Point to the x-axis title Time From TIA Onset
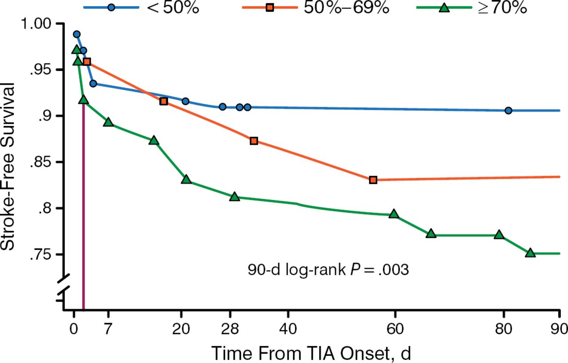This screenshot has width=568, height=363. coord(311,353)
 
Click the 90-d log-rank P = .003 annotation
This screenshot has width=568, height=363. coord(328,270)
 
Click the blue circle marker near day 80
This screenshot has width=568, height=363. coord(509,110)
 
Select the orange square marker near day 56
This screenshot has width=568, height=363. coord(373,180)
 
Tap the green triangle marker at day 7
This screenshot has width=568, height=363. coord(108,122)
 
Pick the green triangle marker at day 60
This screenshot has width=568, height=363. coord(394,214)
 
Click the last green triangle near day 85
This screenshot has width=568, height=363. coord(530,253)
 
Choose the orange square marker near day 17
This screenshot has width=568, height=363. coord(164,101)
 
